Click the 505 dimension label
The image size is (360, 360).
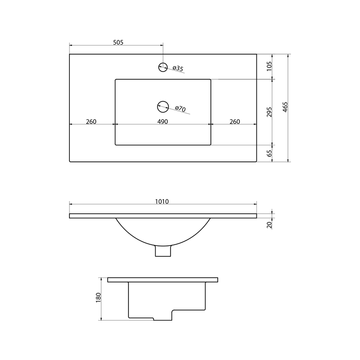[118, 43]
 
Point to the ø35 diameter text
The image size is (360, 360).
[178, 68]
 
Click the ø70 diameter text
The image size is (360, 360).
[180, 108]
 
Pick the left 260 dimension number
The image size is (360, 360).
[91, 121]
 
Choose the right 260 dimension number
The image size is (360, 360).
[235, 121]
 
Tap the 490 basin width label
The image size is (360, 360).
[163, 121]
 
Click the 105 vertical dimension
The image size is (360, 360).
[269, 66]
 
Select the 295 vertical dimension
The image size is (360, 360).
[269, 112]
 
